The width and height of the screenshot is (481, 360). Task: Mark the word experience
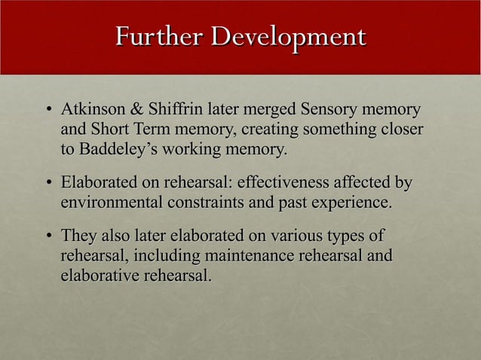click(x=348, y=203)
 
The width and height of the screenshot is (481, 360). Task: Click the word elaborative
click(x=97, y=277)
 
